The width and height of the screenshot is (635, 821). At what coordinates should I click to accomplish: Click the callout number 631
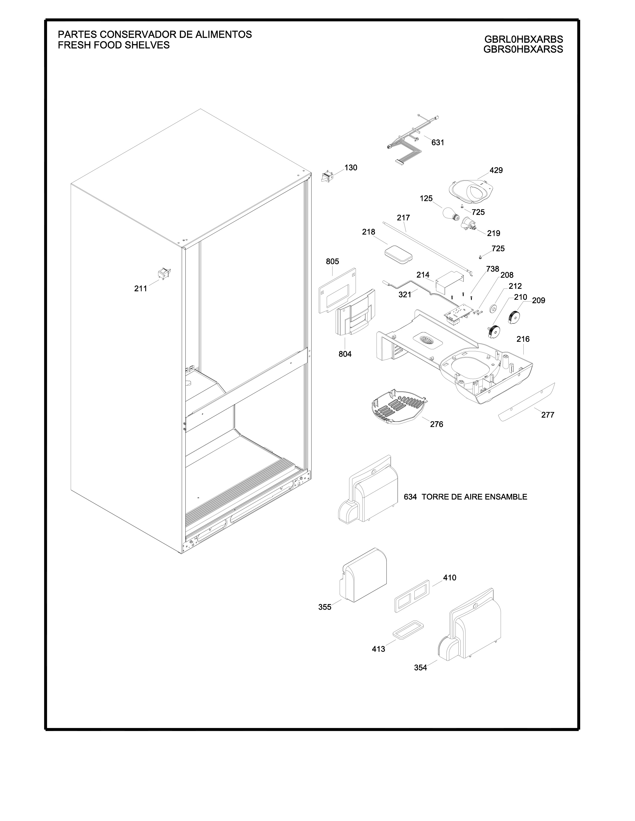tap(438, 143)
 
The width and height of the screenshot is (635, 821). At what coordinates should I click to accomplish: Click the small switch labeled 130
tap(327, 176)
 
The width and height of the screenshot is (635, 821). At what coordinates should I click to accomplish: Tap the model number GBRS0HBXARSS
tap(523, 49)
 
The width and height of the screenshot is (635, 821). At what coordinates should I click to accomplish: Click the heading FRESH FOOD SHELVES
tap(113, 45)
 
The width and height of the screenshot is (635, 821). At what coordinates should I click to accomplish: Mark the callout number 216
tap(522, 339)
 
